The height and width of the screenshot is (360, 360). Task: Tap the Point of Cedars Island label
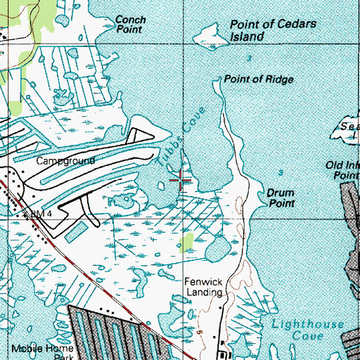pyautogui.click(x=264, y=30)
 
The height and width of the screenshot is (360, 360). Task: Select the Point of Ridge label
pyautogui.click(x=258, y=79)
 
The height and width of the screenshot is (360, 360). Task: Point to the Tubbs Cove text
pyautogui.click(x=180, y=136)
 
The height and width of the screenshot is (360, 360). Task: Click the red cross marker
pyautogui.click(x=181, y=181)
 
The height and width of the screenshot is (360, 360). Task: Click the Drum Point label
pyautogui.click(x=280, y=197)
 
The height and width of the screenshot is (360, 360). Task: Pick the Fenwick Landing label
pyautogui.click(x=203, y=286)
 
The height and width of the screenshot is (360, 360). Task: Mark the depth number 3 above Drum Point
pyautogui.click(x=281, y=172)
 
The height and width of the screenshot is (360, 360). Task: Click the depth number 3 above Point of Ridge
pyautogui.click(x=249, y=58)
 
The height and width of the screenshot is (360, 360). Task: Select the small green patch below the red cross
pyautogui.click(x=187, y=243)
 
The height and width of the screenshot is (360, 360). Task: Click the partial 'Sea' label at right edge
pyautogui.click(x=348, y=127)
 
